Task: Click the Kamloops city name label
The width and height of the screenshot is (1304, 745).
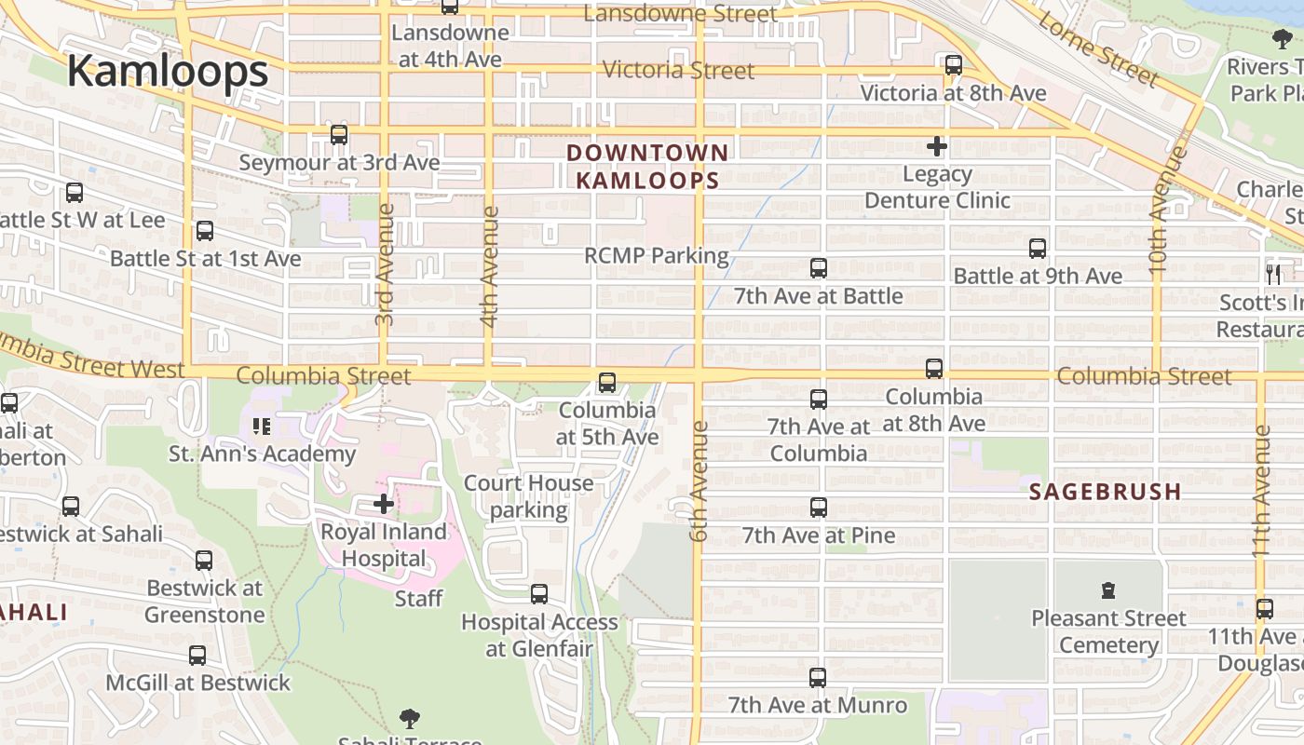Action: (x=168, y=72)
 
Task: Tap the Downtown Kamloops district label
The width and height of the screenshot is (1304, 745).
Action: (x=647, y=166)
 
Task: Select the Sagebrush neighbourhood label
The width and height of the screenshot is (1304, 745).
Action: (x=1106, y=492)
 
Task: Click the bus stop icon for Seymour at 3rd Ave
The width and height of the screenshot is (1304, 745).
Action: (x=339, y=135)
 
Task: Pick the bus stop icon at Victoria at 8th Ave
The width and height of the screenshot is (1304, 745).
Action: (x=954, y=65)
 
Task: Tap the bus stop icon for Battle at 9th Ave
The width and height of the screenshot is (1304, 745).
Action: (x=1038, y=249)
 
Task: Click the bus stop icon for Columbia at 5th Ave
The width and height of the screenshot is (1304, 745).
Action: (x=607, y=383)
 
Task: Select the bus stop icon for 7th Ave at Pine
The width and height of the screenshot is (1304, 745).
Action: (x=819, y=508)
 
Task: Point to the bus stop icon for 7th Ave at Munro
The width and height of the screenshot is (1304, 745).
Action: (x=818, y=678)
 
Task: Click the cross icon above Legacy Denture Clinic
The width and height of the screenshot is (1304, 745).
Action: (x=937, y=146)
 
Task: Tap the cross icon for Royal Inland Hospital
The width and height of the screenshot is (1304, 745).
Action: (x=384, y=504)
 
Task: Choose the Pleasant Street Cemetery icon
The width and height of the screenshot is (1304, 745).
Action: (x=1108, y=589)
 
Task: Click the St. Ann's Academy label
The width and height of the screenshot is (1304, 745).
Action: (x=262, y=454)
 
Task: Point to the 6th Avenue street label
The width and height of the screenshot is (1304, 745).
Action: (x=700, y=481)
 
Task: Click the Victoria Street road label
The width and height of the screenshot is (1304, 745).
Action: (x=678, y=71)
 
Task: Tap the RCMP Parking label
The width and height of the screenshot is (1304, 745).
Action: (x=656, y=255)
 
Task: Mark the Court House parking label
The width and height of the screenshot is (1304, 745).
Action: (x=528, y=496)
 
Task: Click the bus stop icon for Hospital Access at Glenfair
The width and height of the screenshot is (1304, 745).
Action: (x=539, y=594)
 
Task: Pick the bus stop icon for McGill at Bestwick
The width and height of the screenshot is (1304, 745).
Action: (x=197, y=656)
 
